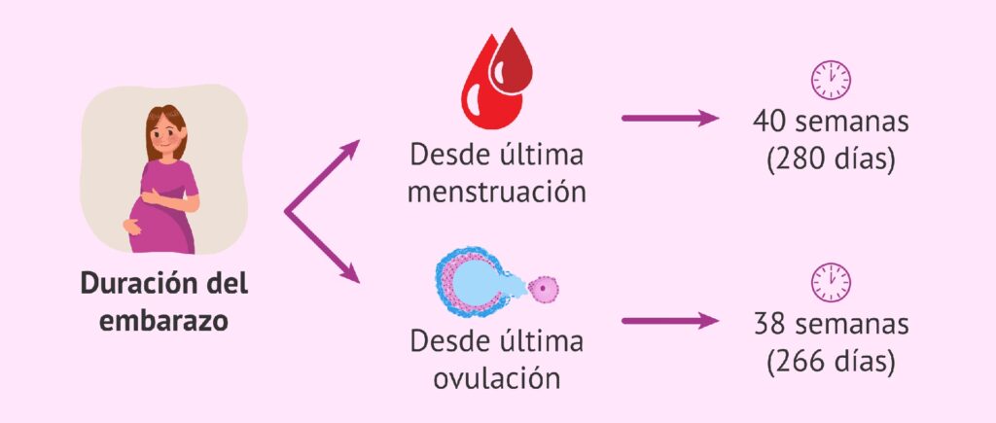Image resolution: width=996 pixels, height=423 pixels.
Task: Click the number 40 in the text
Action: pyautogui.click(x=771, y=123)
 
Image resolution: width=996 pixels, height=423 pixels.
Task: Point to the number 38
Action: pyautogui.click(x=771, y=324)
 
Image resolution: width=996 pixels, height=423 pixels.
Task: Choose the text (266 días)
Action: pyautogui.click(x=830, y=360)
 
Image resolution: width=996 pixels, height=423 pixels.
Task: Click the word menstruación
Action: pyautogui.click(x=496, y=190)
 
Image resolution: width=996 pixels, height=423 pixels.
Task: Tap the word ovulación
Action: pyautogui.click(x=496, y=377)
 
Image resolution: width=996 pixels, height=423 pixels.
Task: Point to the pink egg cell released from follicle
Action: pyautogui.click(x=542, y=288)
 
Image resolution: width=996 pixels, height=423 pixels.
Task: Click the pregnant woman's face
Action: pyautogui.click(x=167, y=134)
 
